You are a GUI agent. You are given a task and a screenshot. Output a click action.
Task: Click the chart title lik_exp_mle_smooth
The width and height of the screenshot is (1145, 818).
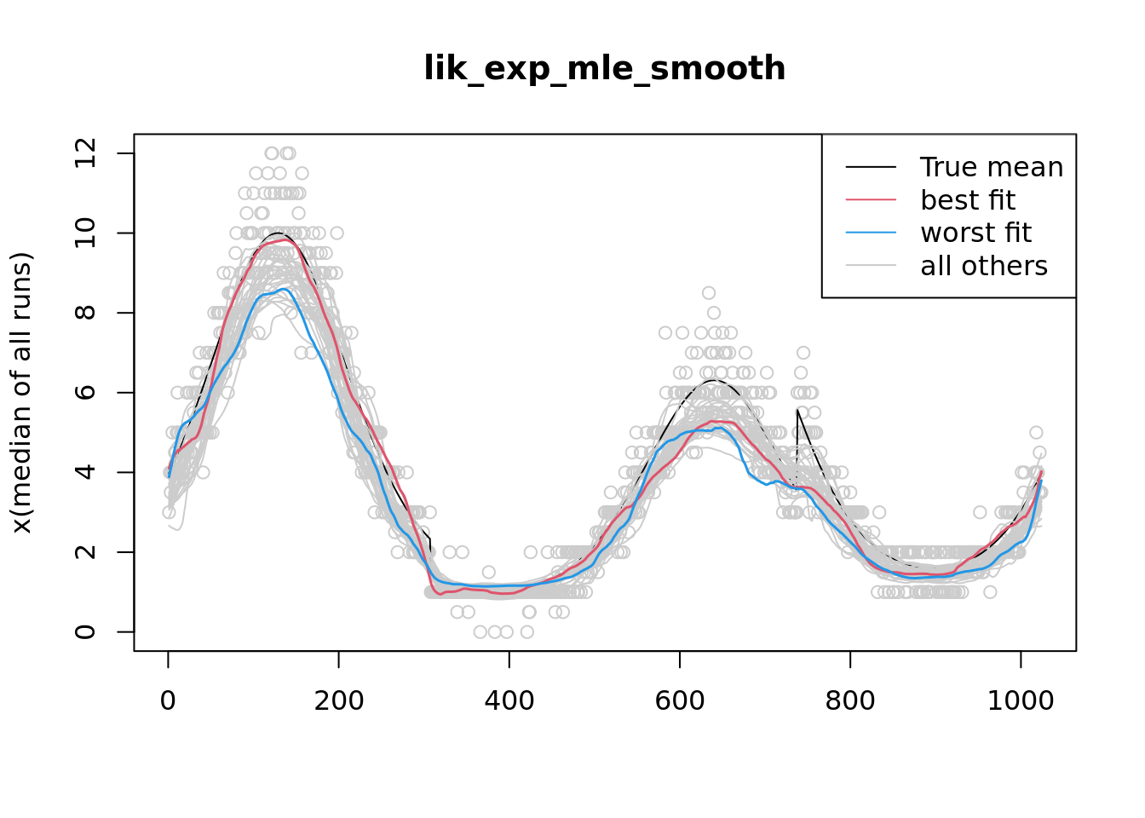(x=604, y=68)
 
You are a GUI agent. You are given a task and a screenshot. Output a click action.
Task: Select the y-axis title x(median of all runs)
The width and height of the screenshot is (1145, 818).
(x=21, y=393)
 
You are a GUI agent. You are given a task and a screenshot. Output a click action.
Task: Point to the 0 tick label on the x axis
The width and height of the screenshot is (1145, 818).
(x=168, y=700)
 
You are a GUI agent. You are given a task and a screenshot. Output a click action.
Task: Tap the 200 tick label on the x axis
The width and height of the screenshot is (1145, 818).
(x=338, y=700)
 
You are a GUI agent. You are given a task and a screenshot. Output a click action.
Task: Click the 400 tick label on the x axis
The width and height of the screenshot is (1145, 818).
(x=509, y=700)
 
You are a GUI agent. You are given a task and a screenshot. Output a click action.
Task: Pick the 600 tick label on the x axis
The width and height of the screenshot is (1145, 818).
(x=679, y=700)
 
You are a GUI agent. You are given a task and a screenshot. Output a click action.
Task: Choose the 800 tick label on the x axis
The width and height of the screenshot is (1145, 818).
(x=849, y=700)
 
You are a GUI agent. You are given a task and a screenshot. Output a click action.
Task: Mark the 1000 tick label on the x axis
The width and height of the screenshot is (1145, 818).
(x=1020, y=700)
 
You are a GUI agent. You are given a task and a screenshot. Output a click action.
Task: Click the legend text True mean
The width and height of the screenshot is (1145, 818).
(x=992, y=167)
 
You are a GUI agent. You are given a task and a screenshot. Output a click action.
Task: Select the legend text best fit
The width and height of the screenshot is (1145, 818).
(x=968, y=200)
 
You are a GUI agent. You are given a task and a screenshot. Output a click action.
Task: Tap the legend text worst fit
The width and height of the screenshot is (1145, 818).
(x=975, y=233)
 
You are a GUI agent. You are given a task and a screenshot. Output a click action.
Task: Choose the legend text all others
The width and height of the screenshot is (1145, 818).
(x=984, y=266)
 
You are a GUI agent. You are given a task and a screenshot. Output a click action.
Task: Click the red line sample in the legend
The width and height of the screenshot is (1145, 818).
(x=871, y=200)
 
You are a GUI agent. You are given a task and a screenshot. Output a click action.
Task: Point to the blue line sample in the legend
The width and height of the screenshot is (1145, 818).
(x=871, y=233)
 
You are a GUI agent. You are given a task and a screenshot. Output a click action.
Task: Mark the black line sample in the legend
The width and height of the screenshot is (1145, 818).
(x=871, y=167)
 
